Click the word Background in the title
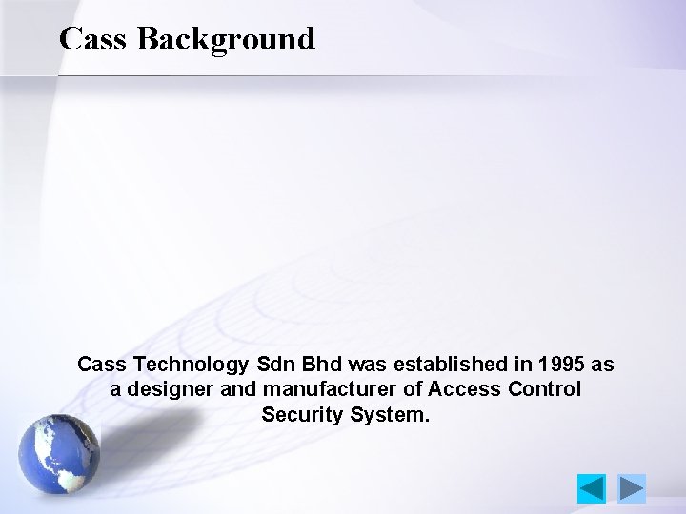pos(226,39)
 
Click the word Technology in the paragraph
pos(191,365)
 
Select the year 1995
pos(562,365)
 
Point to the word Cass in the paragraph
pos(101,365)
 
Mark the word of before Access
pos(414,389)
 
